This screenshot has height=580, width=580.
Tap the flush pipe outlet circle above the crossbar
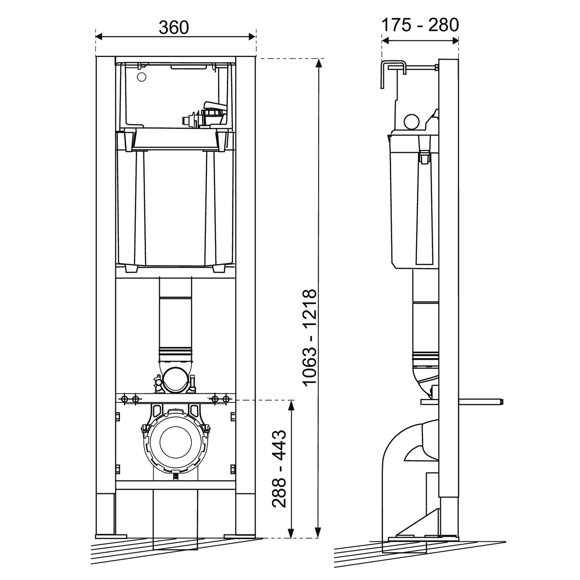[176, 380]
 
